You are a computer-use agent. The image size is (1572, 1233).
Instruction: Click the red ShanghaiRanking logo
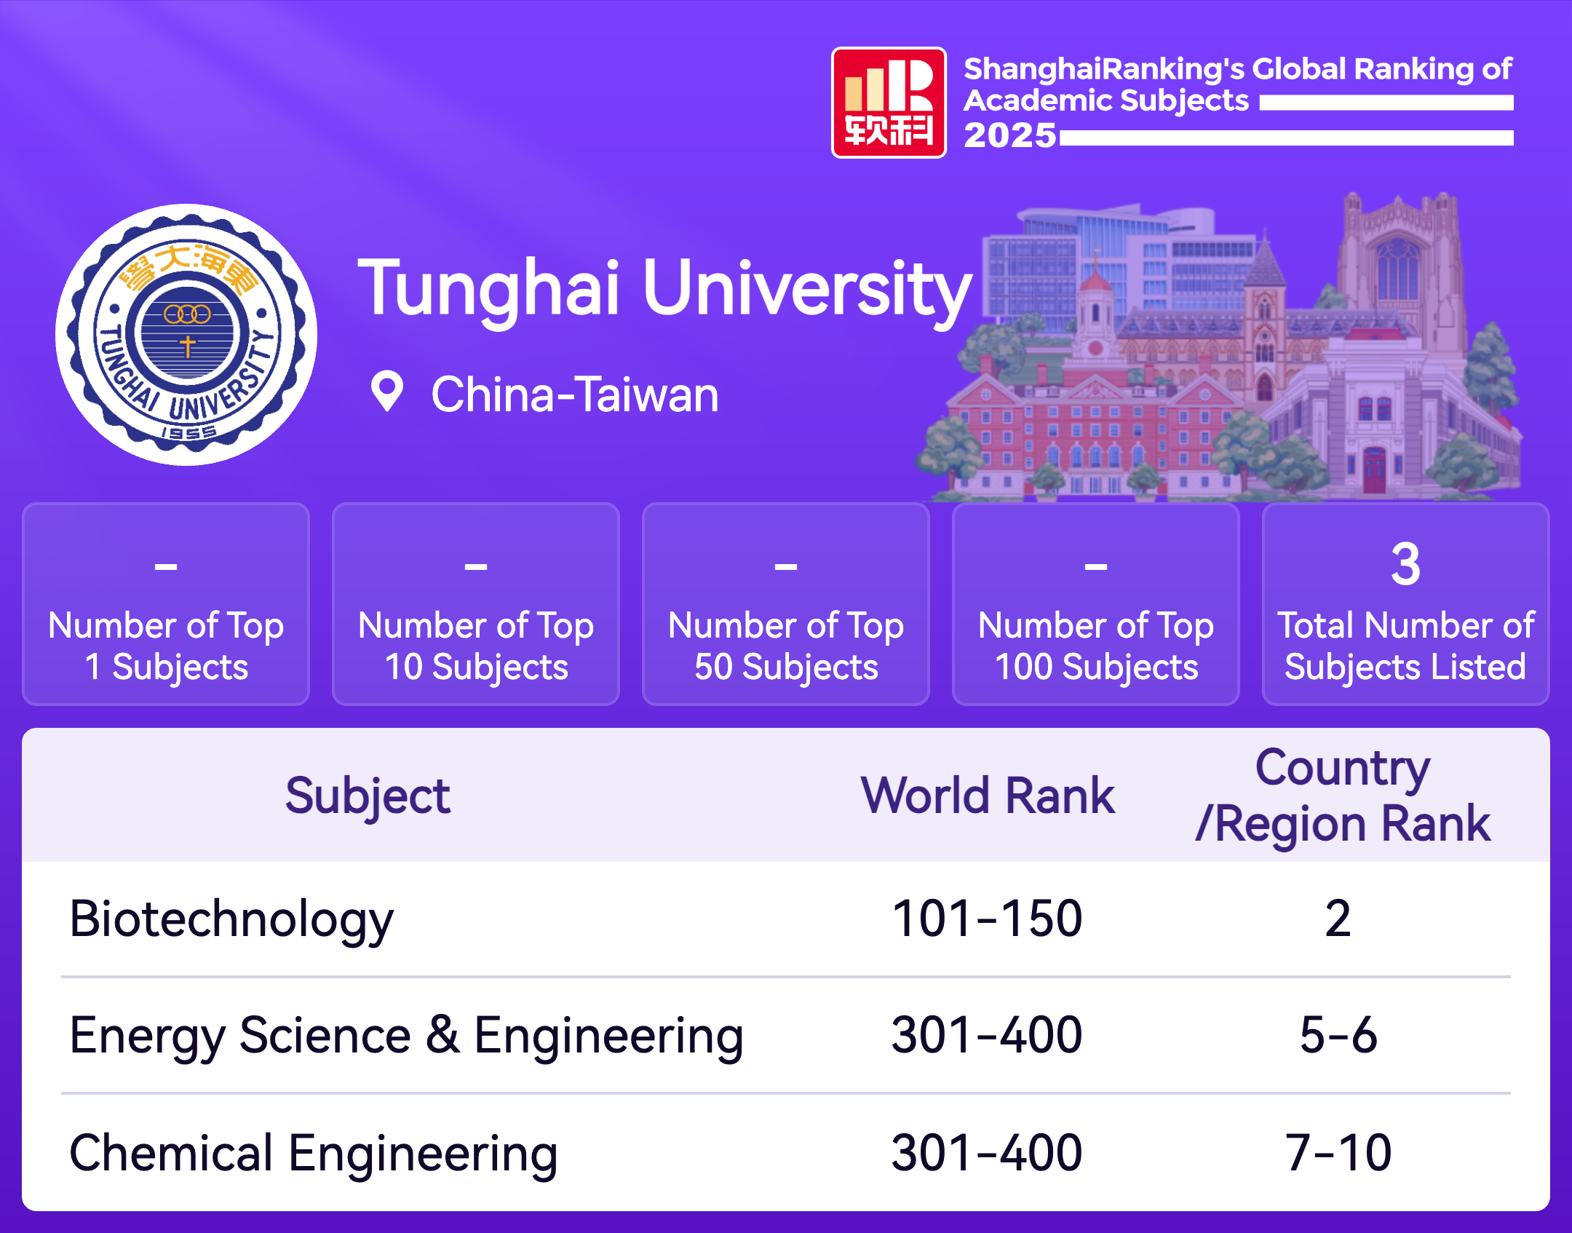pos(889,103)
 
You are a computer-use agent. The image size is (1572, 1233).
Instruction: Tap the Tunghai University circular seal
pos(186,335)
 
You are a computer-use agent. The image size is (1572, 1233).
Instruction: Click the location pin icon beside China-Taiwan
pos(386,392)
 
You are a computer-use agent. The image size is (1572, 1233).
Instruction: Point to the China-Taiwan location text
pos(575,395)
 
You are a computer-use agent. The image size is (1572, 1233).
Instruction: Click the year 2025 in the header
pos(1010,135)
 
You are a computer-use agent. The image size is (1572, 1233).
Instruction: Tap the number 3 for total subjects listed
pos(1405,564)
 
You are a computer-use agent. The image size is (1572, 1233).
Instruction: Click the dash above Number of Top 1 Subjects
pos(166,566)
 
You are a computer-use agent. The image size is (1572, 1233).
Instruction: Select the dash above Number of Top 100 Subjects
pos(1096,566)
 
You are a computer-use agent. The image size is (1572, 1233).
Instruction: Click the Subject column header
pos(368,796)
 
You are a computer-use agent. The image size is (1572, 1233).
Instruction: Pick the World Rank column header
pos(988,795)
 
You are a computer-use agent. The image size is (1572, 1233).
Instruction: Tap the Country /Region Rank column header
pos(1343,796)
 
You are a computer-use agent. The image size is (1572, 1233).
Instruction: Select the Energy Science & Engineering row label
pos(407,1036)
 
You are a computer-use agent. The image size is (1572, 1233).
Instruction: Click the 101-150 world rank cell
pos(988,919)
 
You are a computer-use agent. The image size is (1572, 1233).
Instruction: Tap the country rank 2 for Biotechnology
pos(1338,919)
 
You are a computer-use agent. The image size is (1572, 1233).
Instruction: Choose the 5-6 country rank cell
pos(1338,1035)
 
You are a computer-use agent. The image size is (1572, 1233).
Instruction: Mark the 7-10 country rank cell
pos(1338,1153)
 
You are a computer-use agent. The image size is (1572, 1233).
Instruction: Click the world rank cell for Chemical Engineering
pos(988,1153)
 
